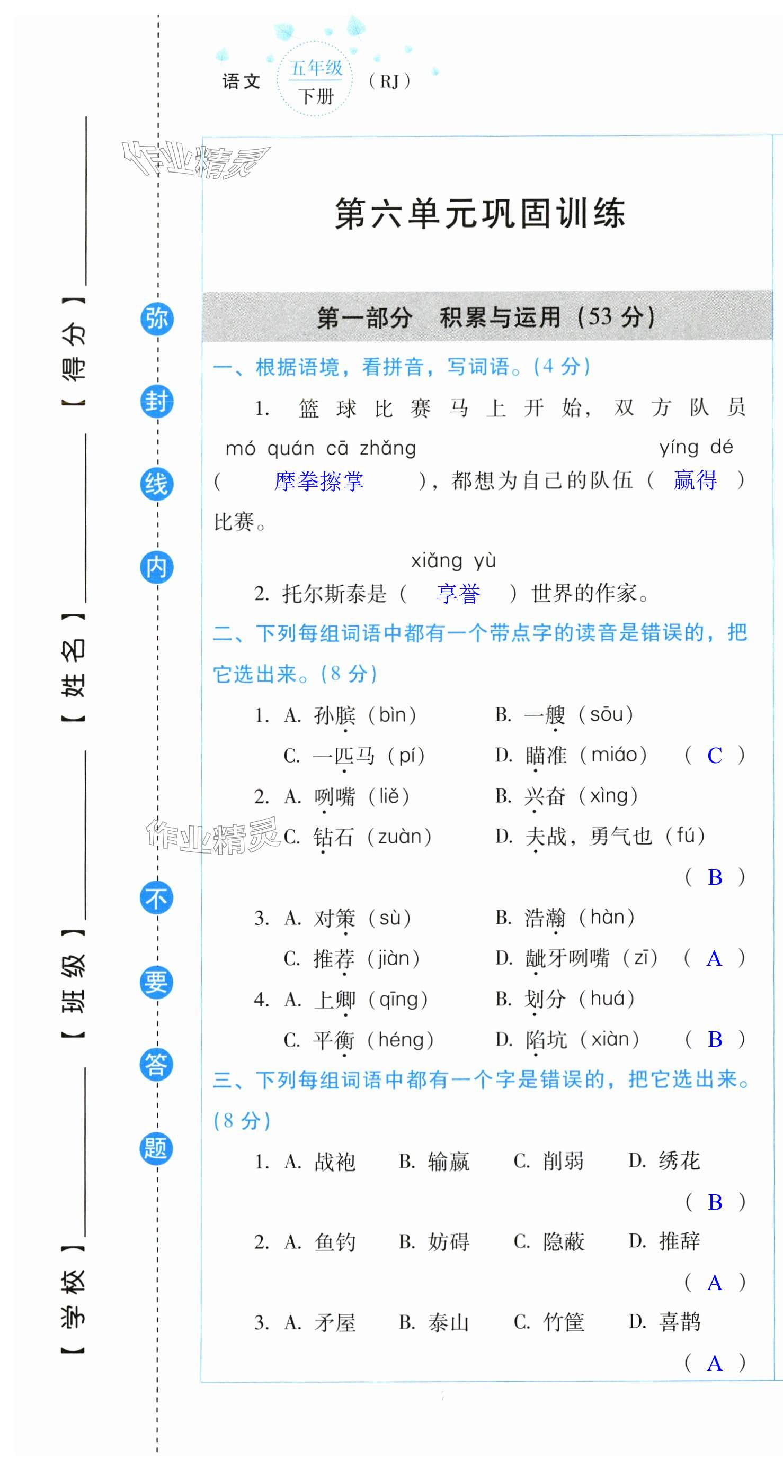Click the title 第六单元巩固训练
[480, 214]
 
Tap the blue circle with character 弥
[156, 319]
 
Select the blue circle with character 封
[156, 401]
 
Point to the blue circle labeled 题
[156, 1148]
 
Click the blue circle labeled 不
[156, 898]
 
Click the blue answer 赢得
[695, 480]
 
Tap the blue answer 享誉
[458, 594]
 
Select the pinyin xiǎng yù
[453, 561]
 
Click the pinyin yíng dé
[696, 447]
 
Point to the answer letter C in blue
[715, 756]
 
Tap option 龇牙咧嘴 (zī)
[591, 958]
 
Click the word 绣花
[679, 1160]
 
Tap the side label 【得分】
[74, 351]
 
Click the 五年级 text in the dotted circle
[315, 68]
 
